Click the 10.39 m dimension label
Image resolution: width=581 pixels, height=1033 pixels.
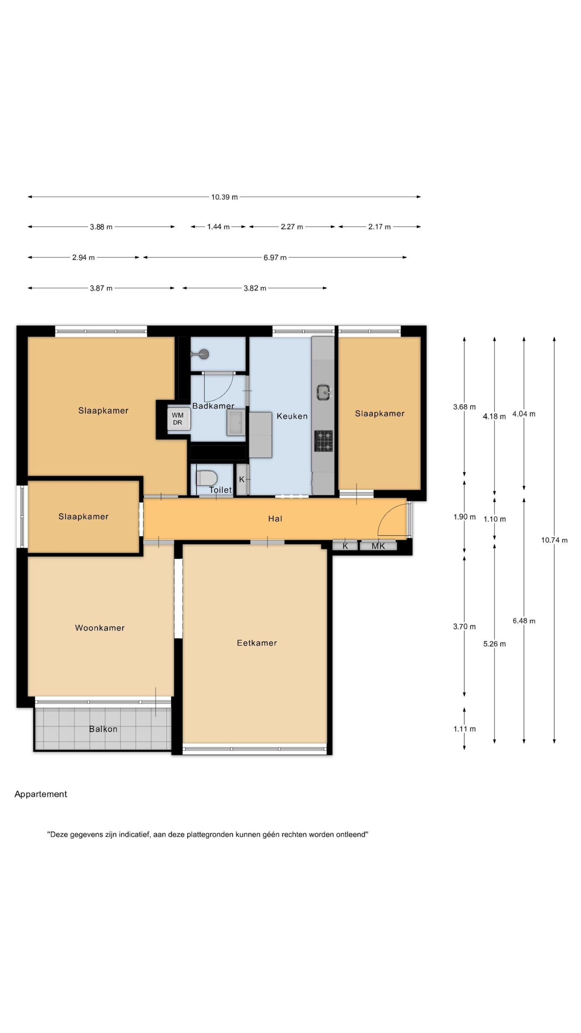(224, 197)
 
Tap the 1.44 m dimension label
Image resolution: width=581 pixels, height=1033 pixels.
(218, 227)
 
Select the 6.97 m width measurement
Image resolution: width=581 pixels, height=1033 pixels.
(275, 257)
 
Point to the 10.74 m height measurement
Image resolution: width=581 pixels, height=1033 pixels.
(554, 540)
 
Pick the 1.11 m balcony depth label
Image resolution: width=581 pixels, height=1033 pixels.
(464, 729)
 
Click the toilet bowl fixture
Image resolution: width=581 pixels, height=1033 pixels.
(207, 479)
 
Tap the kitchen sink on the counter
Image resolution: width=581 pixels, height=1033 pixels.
(324, 392)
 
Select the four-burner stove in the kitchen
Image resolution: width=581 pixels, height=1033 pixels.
(324, 441)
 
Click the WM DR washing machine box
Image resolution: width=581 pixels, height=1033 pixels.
(178, 418)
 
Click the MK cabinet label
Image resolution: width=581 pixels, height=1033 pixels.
(378, 546)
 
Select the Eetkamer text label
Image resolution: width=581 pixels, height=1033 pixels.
(257, 643)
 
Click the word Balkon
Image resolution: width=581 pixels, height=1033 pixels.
(103, 729)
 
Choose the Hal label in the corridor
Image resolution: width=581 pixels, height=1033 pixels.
(275, 519)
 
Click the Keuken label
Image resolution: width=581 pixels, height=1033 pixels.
(292, 416)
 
